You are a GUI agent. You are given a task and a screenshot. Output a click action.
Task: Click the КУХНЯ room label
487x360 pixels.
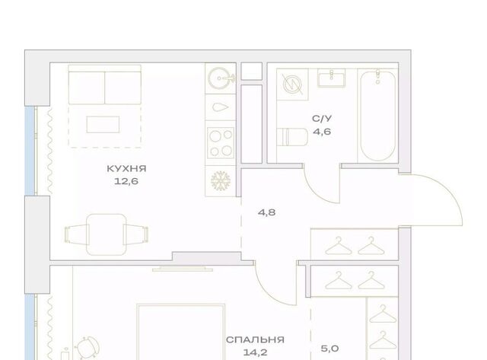[x=126, y=169]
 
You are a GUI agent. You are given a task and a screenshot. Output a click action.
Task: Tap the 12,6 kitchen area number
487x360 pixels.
[x=126, y=181]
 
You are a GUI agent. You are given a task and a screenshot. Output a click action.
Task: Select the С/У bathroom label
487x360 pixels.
[x=322, y=118]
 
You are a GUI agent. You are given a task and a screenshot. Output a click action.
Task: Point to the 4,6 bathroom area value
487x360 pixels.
[x=322, y=132]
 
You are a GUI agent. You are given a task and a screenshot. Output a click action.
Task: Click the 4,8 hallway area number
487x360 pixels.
[x=267, y=213]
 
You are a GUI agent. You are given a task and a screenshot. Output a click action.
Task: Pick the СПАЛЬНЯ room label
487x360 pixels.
[x=255, y=339]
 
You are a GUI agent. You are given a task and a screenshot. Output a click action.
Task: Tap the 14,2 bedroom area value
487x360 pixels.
[x=255, y=352]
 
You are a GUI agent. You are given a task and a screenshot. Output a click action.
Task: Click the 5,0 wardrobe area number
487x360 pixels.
[x=329, y=349]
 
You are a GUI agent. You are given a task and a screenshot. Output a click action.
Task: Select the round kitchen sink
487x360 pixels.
[x=220, y=78]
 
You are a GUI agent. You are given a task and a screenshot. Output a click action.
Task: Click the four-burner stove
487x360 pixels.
[x=221, y=143]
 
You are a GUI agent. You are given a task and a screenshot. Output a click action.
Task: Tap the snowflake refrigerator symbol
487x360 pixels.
[x=221, y=181]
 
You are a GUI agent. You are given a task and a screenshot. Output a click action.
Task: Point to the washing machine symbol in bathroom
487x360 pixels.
[x=292, y=84]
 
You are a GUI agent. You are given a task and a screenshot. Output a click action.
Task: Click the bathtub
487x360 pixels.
[x=377, y=115]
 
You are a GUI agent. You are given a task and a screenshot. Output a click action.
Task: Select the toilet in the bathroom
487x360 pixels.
[x=292, y=137]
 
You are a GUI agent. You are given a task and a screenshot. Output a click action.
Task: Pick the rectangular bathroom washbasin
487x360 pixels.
[x=331, y=78]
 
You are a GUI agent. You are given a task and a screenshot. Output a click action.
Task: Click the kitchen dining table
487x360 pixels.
[x=106, y=234]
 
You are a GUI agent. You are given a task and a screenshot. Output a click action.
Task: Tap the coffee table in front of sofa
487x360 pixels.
[x=103, y=125]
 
